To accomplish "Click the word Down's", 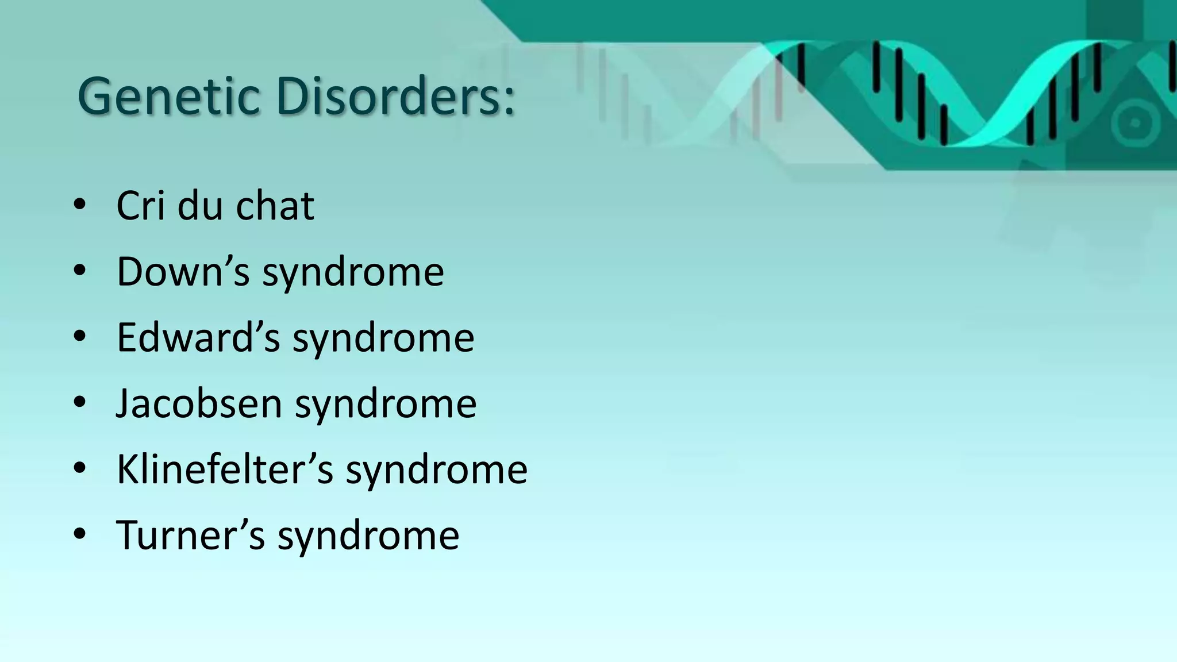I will tap(183, 271).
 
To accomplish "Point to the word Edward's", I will tap(198, 337).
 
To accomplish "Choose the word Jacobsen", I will tap(199, 403).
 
